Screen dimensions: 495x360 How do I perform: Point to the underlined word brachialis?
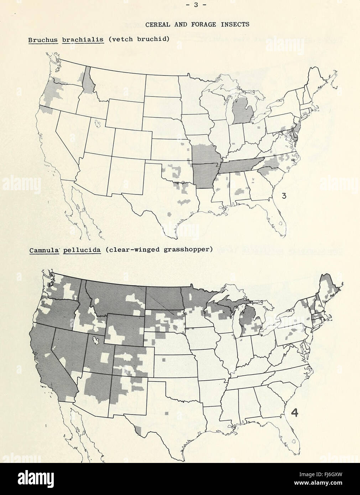pos(83,39)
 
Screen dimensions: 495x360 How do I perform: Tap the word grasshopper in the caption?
pos(188,249)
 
